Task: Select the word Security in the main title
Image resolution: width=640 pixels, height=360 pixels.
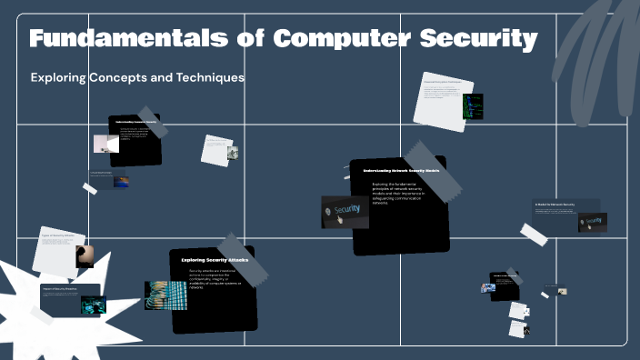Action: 478,39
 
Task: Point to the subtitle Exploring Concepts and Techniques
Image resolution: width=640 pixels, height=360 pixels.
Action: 137,78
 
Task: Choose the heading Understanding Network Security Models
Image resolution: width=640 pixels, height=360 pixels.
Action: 401,171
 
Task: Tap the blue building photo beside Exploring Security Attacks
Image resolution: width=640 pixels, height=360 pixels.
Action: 165,295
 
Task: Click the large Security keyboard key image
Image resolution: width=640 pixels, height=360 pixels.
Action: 345,212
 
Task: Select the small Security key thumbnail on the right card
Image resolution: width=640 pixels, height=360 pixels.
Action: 592,222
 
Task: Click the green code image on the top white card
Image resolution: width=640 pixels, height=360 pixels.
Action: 473,106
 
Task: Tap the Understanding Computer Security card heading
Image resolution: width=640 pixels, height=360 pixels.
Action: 135,121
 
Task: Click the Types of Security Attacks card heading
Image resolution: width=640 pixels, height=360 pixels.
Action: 57,235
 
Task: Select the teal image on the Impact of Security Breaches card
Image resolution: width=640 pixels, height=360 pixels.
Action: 93,305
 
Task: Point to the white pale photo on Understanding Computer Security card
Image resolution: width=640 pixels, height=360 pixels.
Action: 106,144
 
